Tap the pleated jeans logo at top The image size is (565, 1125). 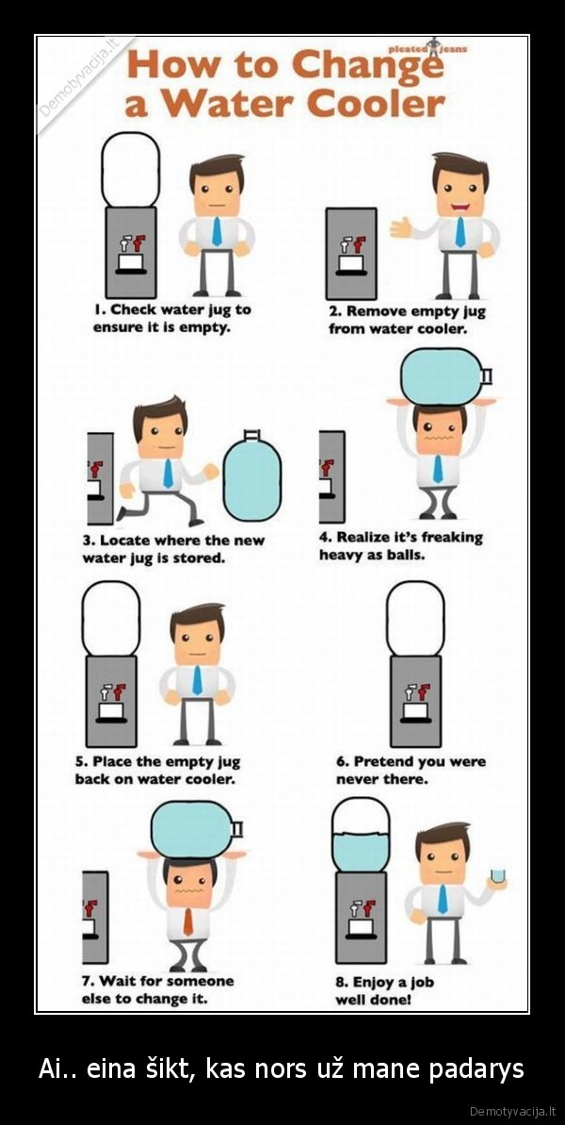point(428,49)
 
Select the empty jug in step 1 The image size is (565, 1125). point(131,170)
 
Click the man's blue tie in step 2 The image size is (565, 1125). point(460,232)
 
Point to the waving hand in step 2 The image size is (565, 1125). point(400,227)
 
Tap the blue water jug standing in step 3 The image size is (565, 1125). point(251,474)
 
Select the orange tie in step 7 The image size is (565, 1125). point(187,921)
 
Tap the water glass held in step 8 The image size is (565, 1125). point(497,875)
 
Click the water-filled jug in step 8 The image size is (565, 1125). point(361,835)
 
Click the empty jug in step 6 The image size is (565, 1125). point(416,618)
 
